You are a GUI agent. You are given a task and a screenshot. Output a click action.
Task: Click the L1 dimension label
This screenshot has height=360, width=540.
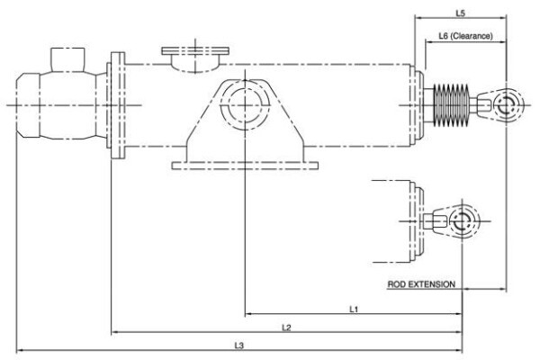point(354,310)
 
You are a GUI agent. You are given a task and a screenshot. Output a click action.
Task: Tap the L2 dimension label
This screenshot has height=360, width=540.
point(286,328)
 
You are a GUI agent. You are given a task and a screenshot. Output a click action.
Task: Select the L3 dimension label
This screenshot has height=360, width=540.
point(239,346)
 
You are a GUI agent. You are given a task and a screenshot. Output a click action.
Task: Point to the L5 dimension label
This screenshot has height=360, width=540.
point(461,13)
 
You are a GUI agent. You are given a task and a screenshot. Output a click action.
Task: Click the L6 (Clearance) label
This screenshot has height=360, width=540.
point(465,35)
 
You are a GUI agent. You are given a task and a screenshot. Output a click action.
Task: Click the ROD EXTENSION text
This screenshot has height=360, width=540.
point(421,284)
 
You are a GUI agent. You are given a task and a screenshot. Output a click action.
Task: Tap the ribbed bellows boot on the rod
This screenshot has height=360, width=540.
point(451,104)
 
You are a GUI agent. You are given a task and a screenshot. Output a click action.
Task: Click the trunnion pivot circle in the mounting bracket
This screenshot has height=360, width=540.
point(245,104)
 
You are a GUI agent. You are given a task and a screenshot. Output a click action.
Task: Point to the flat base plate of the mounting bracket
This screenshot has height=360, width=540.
point(245,166)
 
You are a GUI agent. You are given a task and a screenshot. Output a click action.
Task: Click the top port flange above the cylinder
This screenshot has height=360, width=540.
point(195,51)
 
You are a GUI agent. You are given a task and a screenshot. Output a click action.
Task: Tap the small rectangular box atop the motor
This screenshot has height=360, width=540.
point(67,59)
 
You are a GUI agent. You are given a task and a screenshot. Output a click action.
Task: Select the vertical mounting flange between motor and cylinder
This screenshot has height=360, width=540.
point(118,105)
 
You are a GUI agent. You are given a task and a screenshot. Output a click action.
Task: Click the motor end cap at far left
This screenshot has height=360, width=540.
point(28,105)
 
